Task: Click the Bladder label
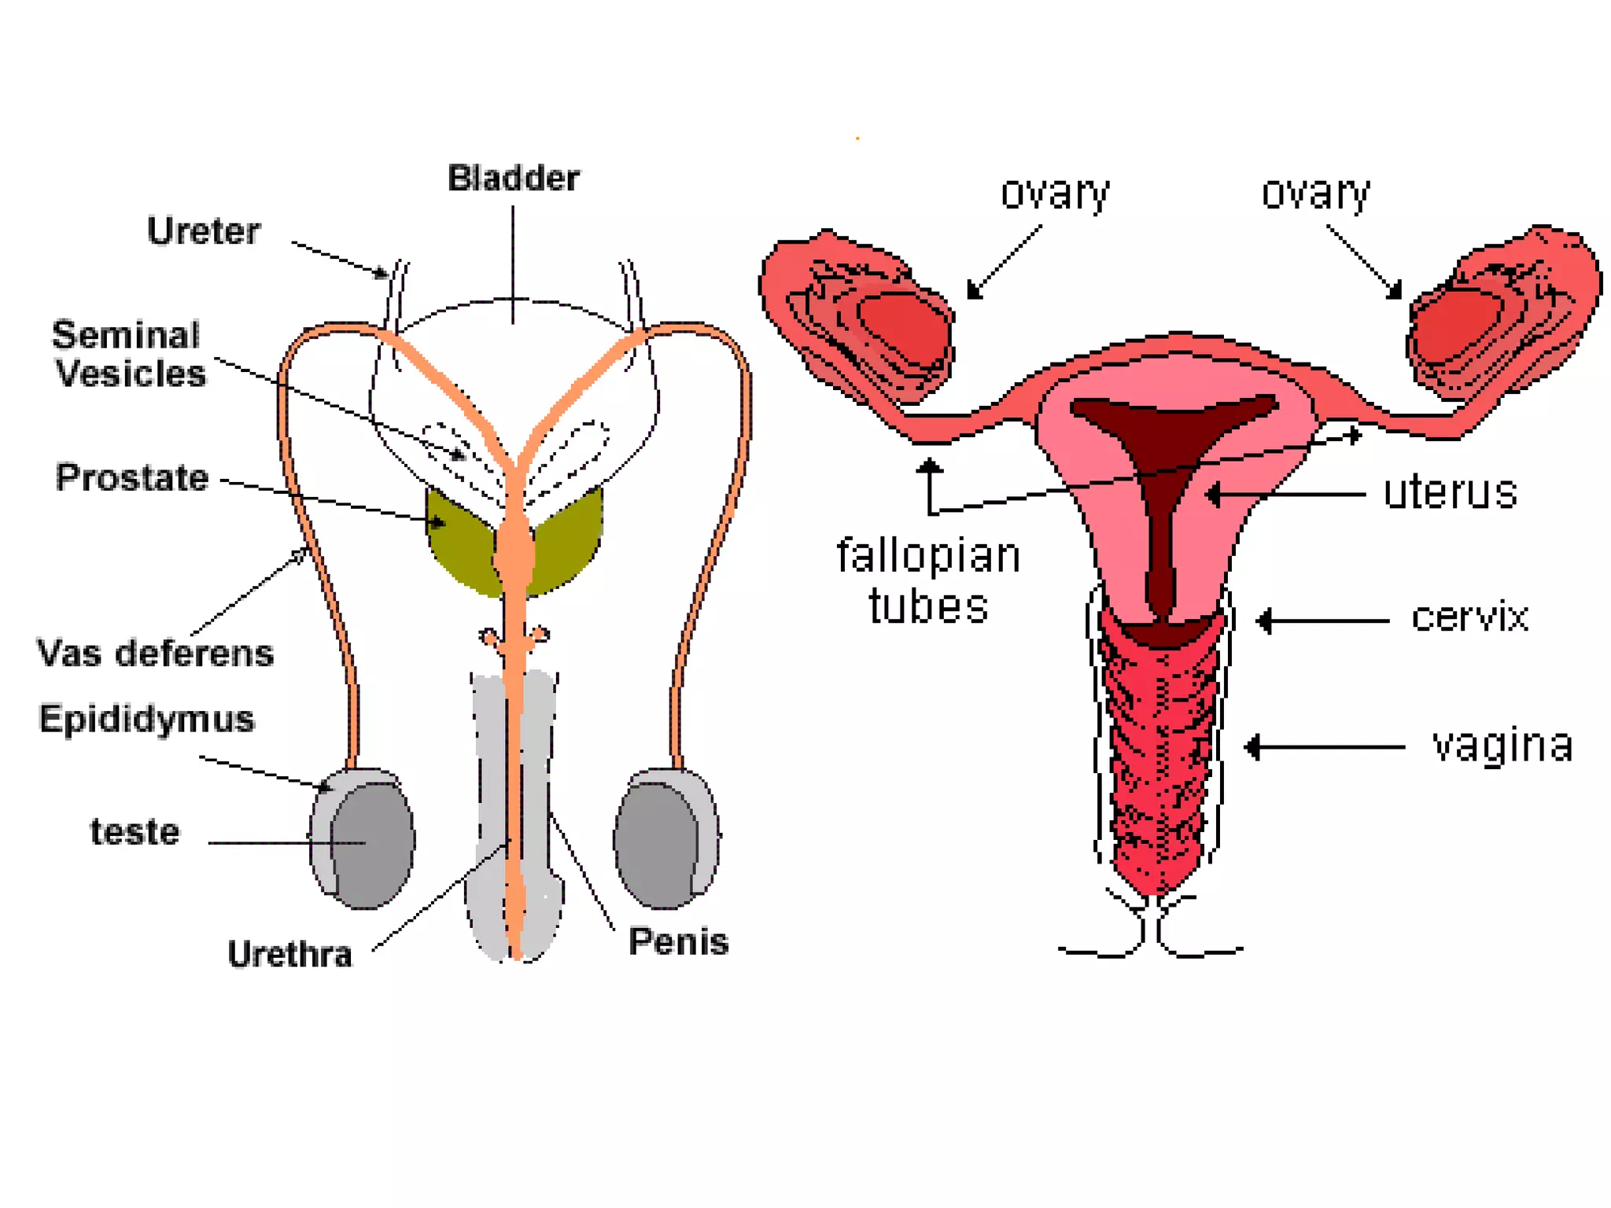click(513, 179)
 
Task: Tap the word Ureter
click(204, 231)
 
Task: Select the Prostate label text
click(132, 477)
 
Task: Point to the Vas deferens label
click(155, 654)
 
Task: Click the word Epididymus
click(147, 719)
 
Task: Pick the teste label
click(135, 832)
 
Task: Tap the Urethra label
click(289, 954)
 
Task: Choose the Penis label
click(678, 941)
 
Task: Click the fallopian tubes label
click(928, 580)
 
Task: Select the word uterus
click(1450, 493)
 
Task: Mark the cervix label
click(1469, 617)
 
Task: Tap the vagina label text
click(1502, 745)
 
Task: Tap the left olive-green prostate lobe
click(460, 539)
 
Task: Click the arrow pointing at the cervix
click(1322, 621)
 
